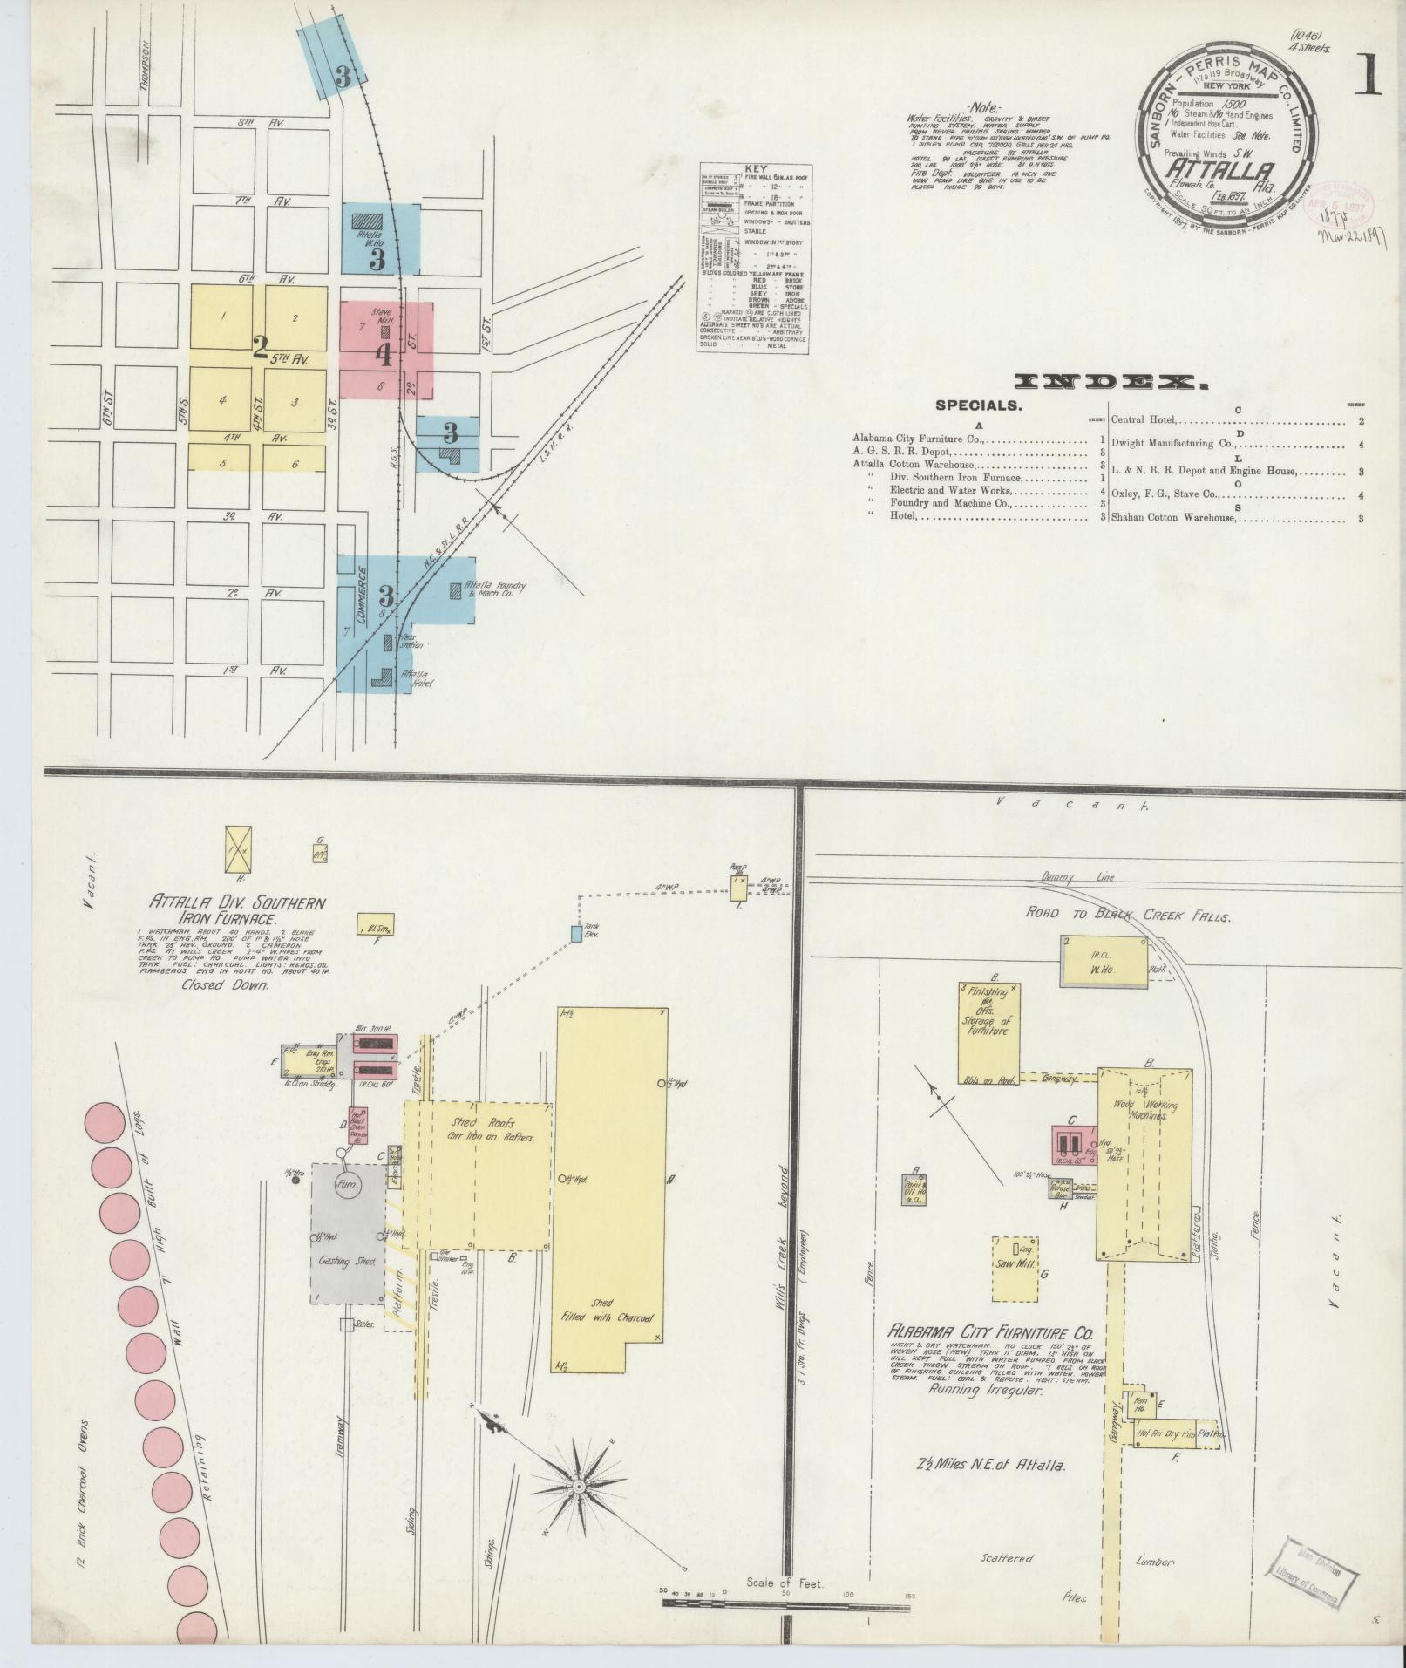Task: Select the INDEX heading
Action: pos(1111,382)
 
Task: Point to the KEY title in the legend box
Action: pos(754,170)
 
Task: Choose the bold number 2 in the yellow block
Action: pos(259,349)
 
